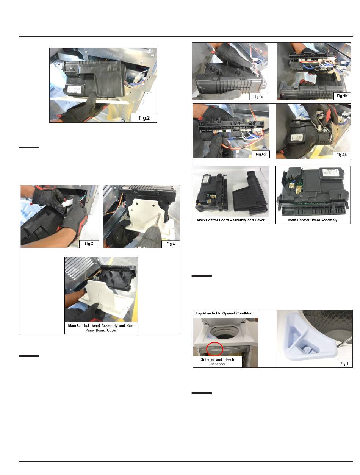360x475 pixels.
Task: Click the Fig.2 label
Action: click(144, 118)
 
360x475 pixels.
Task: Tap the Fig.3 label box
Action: click(89, 244)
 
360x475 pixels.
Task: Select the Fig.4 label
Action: click(171, 244)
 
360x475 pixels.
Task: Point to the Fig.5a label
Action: click(258, 97)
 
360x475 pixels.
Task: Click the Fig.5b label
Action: click(342, 96)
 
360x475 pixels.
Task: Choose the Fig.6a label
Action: click(260, 154)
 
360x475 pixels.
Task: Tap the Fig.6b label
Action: click(341, 155)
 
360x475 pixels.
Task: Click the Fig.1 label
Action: click(344, 363)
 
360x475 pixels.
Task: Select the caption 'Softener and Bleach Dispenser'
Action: click(218, 361)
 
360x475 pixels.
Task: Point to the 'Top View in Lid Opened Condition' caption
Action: click(224, 313)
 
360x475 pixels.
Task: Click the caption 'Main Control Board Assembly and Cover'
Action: click(230, 220)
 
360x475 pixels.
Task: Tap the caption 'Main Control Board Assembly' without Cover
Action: click(313, 220)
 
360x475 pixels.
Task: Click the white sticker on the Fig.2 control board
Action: click(74, 89)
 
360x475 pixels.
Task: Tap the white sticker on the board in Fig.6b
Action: click(297, 137)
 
